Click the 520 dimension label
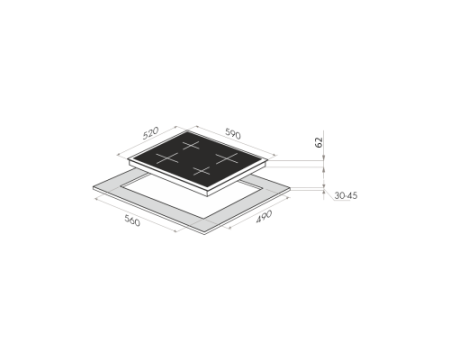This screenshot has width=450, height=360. pos(151,133)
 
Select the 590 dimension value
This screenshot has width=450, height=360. pos(233,133)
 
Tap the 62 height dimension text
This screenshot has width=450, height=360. pos(319,142)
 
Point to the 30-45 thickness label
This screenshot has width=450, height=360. pos(346,195)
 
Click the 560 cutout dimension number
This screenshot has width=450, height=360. pos(132,220)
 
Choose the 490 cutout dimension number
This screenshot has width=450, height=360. pos(264,216)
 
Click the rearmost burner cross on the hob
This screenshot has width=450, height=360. pos(191,145)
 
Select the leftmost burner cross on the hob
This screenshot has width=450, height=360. pos(167,158)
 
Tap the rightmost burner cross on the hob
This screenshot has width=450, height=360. pos(227,158)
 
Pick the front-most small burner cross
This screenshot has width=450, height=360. pos(202,171)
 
